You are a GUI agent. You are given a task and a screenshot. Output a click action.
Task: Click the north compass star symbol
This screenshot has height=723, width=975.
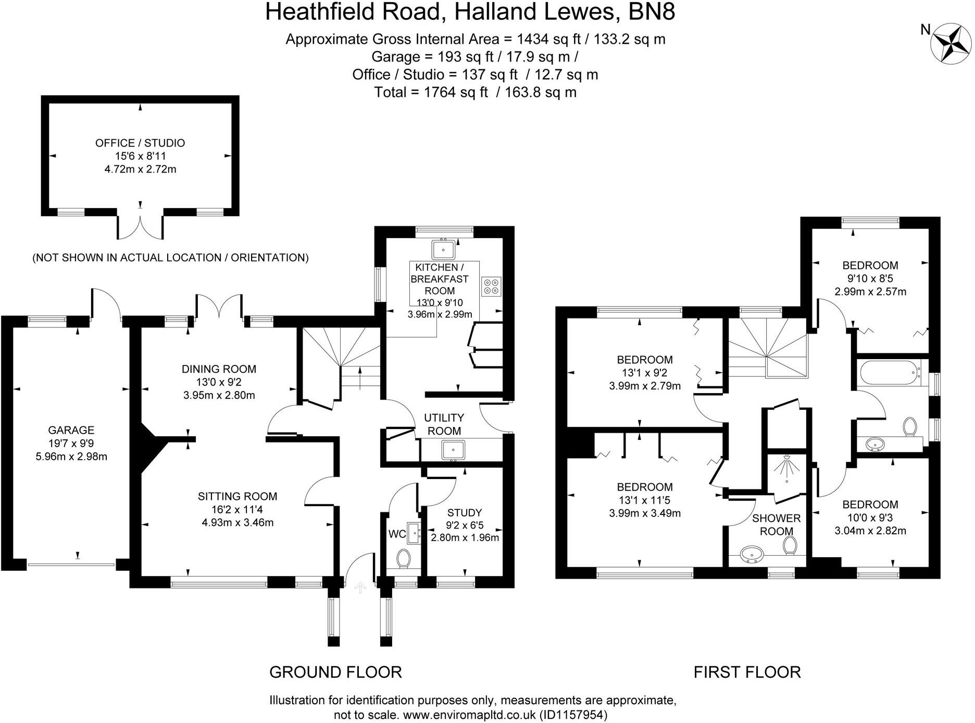951,44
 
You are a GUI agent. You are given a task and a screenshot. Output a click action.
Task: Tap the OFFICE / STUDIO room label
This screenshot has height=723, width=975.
140,143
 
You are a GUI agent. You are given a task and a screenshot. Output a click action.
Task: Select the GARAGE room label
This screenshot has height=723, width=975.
71,430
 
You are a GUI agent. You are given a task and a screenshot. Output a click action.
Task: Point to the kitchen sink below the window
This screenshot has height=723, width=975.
443,249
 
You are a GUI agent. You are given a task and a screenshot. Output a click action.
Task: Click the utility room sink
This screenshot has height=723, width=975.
453,449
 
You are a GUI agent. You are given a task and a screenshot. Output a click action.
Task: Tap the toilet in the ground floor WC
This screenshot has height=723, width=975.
403,559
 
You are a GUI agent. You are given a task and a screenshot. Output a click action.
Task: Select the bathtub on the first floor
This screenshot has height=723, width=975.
890,373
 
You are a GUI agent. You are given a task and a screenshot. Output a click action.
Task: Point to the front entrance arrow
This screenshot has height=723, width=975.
360,587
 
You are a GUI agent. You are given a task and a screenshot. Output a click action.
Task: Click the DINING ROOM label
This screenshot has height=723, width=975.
219,369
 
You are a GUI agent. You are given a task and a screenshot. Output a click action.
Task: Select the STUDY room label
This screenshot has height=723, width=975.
465,513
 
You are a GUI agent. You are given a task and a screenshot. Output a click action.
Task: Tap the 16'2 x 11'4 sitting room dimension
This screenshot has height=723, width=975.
237,510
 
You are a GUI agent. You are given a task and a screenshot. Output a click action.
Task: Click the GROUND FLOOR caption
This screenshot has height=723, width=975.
335,672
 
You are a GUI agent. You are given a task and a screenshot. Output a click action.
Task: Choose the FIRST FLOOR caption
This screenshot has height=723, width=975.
747,672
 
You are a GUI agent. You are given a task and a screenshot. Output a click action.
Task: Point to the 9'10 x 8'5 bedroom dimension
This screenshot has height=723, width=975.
870,278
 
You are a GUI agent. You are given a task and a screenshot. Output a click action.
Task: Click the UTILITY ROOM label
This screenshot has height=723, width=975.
444,424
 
